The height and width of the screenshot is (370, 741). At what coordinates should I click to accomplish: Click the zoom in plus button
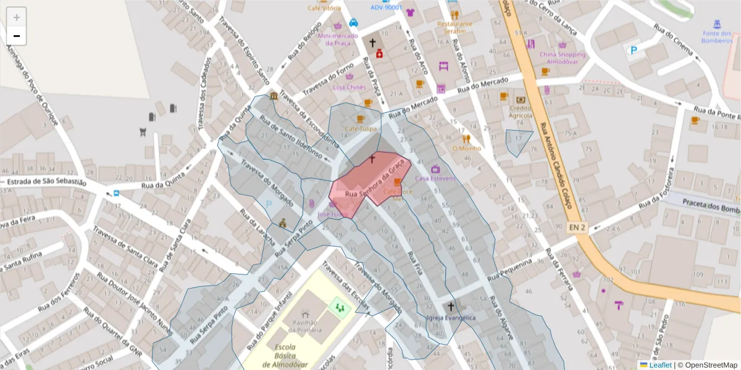pyautogui.click(x=17, y=17)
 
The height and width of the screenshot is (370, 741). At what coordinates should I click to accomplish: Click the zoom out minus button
pyautogui.click(x=17, y=36)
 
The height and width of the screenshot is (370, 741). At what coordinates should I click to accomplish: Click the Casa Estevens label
pyautogui.click(x=435, y=178)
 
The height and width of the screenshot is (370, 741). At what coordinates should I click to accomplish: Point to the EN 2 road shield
pyautogui.click(x=577, y=228)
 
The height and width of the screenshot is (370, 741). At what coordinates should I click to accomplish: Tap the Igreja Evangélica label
pyautogui.click(x=451, y=318)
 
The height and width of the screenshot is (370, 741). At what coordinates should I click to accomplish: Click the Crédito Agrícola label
pyautogui.click(x=521, y=112)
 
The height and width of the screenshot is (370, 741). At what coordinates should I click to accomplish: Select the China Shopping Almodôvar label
pyautogui.click(x=562, y=58)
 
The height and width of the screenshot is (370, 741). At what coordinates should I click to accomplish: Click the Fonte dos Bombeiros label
pyautogui.click(x=716, y=37)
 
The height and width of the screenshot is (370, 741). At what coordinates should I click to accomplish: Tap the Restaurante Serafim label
pyautogui.click(x=454, y=27)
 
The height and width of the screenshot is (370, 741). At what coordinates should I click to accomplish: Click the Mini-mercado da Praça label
pyautogui.click(x=338, y=39)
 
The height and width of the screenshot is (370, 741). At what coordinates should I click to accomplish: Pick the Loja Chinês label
pyautogui.click(x=350, y=87)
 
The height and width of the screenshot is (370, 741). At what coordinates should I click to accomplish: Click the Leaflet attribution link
pyautogui.click(x=659, y=365)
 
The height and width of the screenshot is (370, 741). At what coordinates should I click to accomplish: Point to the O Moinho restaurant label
pyautogui.click(x=466, y=148)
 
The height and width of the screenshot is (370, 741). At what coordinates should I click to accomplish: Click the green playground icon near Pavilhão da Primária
pyautogui.click(x=338, y=305)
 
